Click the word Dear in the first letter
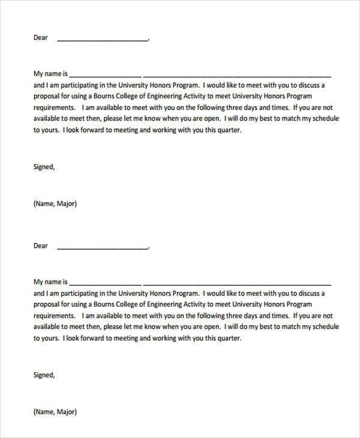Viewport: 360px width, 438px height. pos(40,38)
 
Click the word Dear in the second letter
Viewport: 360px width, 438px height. pos(40,245)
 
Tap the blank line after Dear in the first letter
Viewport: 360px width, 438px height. pos(102,40)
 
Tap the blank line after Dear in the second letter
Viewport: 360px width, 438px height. pos(102,247)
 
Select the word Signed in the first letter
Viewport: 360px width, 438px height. pos(43,167)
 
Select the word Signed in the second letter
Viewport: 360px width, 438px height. pos(43,375)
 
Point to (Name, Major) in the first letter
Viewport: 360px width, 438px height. pos(55,203)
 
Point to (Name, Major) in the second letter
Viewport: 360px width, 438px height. pos(55,412)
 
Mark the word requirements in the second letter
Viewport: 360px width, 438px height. pos(53,316)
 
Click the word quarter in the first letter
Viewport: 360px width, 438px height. pos(228,130)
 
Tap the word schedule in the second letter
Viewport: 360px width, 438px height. pos(325,327)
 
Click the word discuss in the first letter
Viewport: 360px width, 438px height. pos(309,85)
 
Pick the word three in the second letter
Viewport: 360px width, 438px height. pos(224,316)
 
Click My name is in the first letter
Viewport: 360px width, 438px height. pos(51,74)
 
